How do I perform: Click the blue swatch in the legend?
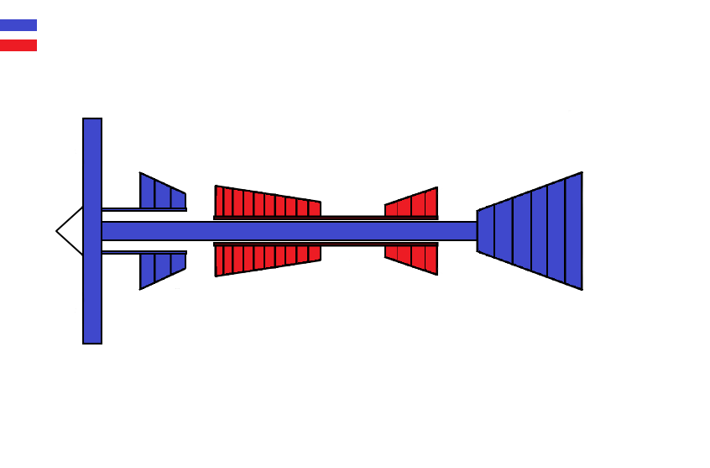(x=18, y=25)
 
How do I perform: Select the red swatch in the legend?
(x=18, y=45)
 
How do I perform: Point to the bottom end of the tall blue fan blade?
(x=92, y=336)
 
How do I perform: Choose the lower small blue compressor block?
(x=162, y=268)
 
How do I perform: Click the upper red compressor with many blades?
(x=267, y=202)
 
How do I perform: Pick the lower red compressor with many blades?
(x=267, y=258)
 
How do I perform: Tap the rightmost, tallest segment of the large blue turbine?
(x=573, y=231)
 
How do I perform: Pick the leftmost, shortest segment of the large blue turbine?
(x=486, y=231)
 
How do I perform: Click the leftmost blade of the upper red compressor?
(x=219, y=202)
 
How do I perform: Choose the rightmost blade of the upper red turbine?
(x=431, y=202)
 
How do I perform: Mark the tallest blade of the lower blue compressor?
(x=147, y=271)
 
